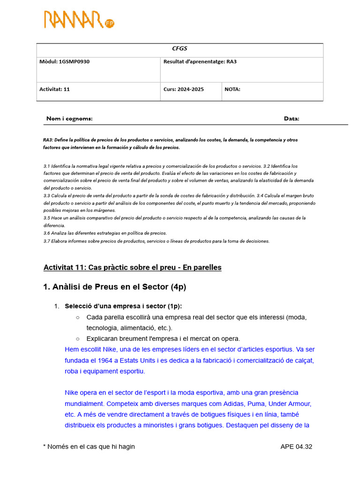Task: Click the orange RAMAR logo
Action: pos(79,20)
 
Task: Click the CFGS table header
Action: pos(180,49)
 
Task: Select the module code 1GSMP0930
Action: pos(74,61)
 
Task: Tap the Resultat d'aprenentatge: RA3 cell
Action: pos(200,61)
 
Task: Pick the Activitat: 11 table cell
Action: pos(54,89)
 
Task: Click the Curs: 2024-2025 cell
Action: pos(183,89)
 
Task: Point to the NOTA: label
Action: pos(232,89)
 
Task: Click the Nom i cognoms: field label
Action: pos(69,119)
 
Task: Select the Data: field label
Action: pos(291,119)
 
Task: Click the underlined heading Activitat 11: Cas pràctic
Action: pos(132,267)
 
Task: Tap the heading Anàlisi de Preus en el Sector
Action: pos(114,287)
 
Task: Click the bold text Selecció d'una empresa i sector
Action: pos(123,306)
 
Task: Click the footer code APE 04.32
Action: pos(296,447)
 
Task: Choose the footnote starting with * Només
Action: pos(89,447)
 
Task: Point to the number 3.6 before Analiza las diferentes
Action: pos(47,233)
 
